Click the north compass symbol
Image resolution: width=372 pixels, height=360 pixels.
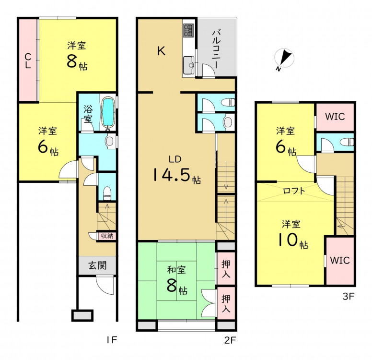(284, 59)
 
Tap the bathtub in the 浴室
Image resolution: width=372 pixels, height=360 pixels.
(109, 112)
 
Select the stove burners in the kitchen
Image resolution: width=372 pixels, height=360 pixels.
(188, 30)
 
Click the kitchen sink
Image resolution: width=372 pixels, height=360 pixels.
(189, 65)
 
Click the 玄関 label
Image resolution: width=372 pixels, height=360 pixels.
(97, 265)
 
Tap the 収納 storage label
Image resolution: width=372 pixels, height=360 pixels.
(107, 236)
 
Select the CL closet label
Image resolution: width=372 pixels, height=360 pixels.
(28, 60)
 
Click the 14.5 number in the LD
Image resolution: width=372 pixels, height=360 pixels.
(172, 174)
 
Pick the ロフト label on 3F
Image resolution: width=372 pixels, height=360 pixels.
(294, 191)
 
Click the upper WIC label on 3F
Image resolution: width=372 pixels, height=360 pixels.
(335, 117)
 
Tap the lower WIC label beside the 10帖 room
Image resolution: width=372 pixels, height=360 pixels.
(340, 260)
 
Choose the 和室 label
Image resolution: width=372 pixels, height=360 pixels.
(176, 270)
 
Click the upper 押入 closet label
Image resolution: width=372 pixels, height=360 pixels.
(226, 269)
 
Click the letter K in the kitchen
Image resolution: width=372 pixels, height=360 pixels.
(162, 50)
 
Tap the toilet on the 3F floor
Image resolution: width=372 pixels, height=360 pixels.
(347, 142)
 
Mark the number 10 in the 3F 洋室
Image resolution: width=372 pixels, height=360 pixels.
(288, 240)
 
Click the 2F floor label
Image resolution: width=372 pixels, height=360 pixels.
(230, 340)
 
